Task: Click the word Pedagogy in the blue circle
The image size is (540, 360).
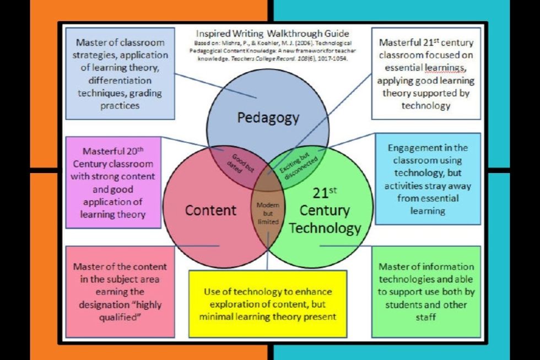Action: click(x=268, y=118)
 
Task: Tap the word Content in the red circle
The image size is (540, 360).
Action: click(x=210, y=210)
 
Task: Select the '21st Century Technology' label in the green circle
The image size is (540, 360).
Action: click(x=325, y=211)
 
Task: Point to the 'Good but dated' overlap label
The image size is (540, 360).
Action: click(x=240, y=163)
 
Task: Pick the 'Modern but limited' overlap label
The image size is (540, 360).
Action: click(x=268, y=213)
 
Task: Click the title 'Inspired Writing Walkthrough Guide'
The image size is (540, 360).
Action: click(x=272, y=34)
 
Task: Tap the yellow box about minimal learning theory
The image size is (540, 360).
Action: click(x=268, y=304)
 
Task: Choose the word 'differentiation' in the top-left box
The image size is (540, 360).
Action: click(x=120, y=80)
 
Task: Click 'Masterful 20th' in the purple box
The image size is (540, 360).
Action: click(x=113, y=151)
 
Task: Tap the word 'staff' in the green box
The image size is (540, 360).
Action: click(x=425, y=317)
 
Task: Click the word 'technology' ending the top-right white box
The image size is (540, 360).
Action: click(x=425, y=105)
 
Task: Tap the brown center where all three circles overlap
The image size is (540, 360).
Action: click(x=268, y=180)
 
